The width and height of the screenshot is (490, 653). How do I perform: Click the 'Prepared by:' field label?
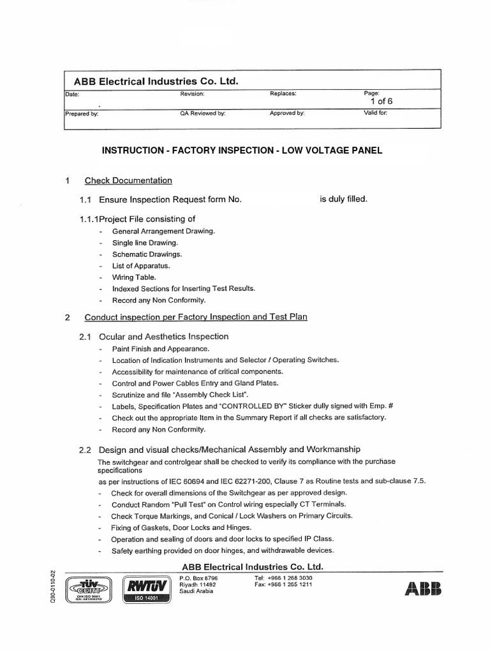click(82, 114)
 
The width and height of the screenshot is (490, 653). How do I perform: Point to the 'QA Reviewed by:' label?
click(203, 114)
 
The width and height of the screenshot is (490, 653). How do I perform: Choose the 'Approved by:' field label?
click(287, 114)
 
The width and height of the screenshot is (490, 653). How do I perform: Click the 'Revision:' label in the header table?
click(192, 94)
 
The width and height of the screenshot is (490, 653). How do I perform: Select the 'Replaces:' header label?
click(283, 94)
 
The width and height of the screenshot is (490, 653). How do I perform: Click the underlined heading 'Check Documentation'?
click(128, 180)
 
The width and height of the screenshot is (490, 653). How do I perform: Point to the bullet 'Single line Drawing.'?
click(145, 242)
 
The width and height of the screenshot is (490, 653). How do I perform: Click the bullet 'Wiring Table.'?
click(133, 277)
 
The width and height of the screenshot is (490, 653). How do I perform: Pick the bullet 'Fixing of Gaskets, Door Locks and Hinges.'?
click(181, 527)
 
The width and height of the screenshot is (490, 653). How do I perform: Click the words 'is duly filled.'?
click(343, 199)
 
